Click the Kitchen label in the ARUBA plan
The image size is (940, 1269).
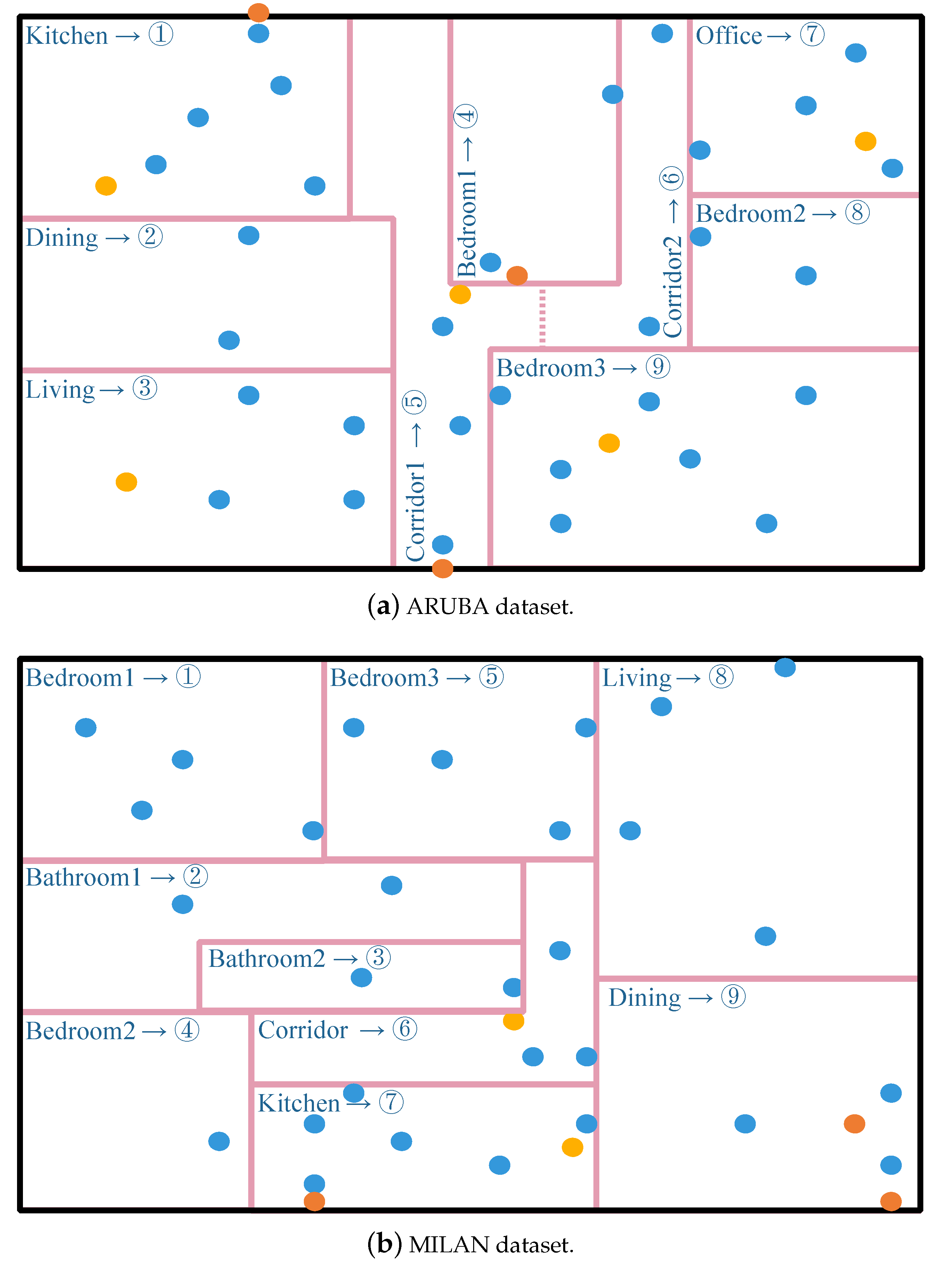67,36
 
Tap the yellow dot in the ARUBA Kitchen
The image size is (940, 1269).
106,186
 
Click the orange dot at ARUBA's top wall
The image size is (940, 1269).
258,12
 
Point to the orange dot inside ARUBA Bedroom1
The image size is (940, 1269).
517,275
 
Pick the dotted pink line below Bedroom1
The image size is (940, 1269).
542,316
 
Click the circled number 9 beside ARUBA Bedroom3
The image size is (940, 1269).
658,367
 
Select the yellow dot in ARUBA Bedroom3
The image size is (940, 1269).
609,443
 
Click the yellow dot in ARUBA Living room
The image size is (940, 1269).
126,482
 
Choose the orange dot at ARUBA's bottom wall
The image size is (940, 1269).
443,568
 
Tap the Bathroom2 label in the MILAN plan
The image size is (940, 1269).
266,959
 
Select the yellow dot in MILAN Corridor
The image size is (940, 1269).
513,1021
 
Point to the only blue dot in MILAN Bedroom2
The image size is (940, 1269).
219,1141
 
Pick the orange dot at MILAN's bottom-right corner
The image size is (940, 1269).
891,1201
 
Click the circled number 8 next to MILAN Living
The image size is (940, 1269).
721,677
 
